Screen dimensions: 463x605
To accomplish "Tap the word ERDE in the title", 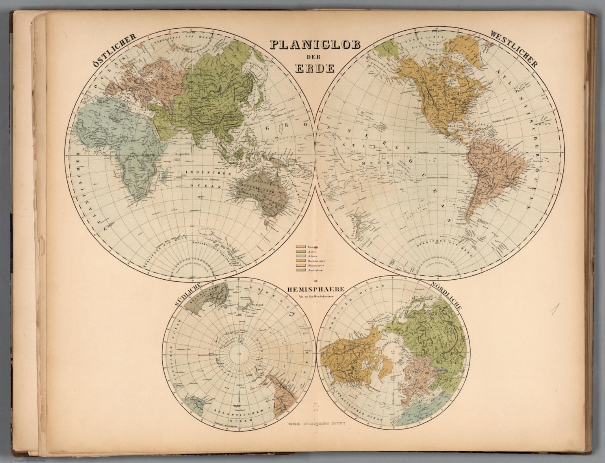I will point(315,68).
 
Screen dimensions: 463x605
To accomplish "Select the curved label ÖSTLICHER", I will point(114,49).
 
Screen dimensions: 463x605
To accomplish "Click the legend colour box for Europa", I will point(301,247).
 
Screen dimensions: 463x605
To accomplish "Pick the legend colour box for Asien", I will point(301,252).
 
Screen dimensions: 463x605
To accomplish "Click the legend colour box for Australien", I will point(301,270).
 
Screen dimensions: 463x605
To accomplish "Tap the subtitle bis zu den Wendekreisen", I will point(316,296).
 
